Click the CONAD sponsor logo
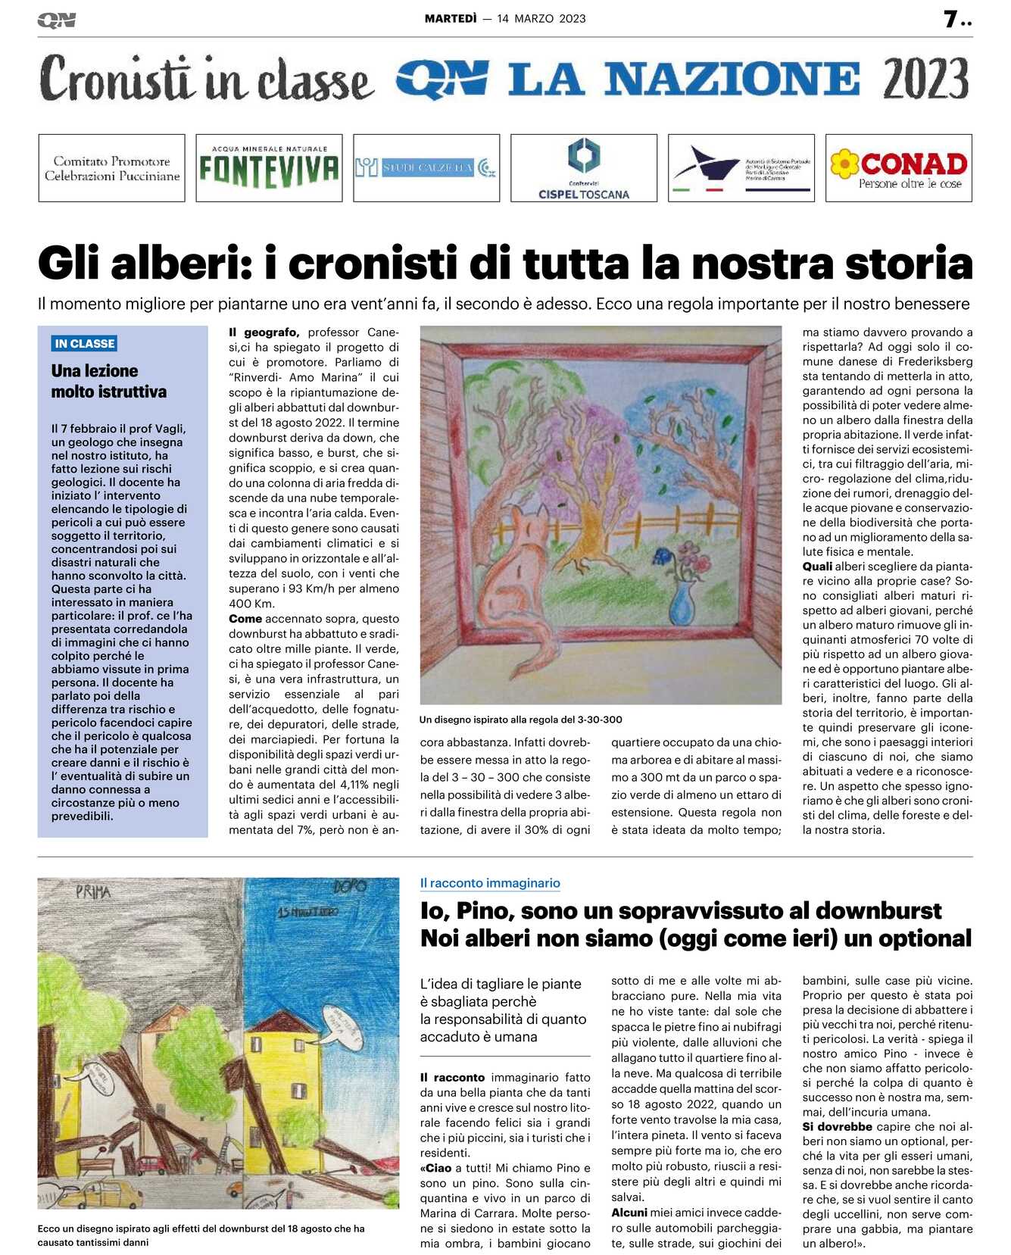pos(898,168)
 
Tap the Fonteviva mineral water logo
pos(269,168)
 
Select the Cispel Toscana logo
pos(583,168)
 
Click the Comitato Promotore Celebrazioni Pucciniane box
pos(112,168)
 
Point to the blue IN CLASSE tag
pos(85,343)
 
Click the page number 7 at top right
pos(951,19)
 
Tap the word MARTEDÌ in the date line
pos(451,18)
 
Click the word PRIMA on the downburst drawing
pos(93,892)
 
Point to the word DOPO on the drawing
pos(350,885)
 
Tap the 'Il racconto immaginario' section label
pos(490,882)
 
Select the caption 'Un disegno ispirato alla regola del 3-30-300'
pos(521,719)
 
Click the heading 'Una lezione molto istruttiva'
pos(108,381)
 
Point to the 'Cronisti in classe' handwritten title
pos(206,80)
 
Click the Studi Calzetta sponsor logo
pos(426,168)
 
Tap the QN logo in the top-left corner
pos(57,20)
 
